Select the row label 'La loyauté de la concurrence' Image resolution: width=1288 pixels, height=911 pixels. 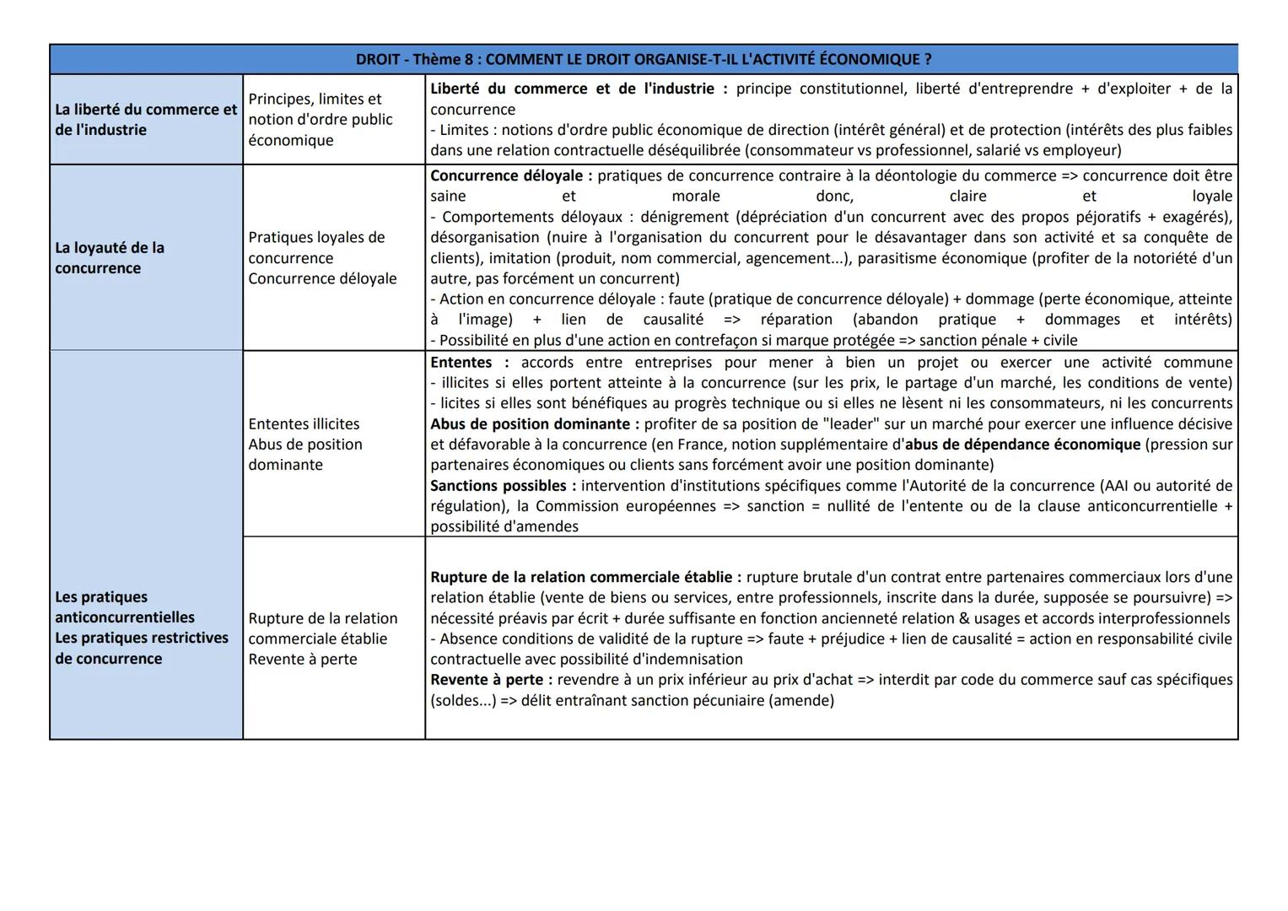click(110, 258)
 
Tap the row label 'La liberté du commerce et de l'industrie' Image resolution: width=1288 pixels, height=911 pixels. click(145, 120)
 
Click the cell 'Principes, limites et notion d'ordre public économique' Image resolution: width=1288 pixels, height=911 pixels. click(321, 120)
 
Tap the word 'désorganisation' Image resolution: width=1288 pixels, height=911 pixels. click(485, 238)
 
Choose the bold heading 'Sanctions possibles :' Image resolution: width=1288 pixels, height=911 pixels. click(503, 486)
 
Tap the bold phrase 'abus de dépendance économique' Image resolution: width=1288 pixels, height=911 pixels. click(1022, 445)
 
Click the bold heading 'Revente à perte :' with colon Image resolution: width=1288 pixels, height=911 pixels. click(491, 680)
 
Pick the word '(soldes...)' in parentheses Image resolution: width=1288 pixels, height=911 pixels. click(463, 700)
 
